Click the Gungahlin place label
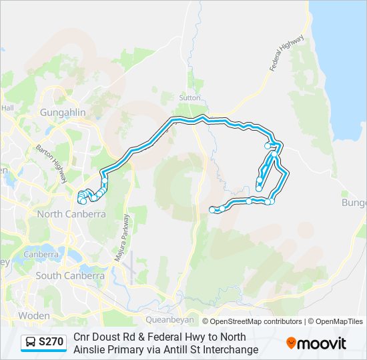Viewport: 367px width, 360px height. (x=63, y=113)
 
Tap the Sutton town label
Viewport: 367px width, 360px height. (x=190, y=97)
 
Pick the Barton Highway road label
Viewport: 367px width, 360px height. (x=51, y=164)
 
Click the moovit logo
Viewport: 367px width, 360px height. (x=316, y=343)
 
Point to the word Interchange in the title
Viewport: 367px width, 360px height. (x=230, y=349)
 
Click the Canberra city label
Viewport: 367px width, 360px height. (x=41, y=255)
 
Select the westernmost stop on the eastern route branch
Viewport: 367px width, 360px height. (x=213, y=209)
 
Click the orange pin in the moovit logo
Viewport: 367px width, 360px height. (x=291, y=343)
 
